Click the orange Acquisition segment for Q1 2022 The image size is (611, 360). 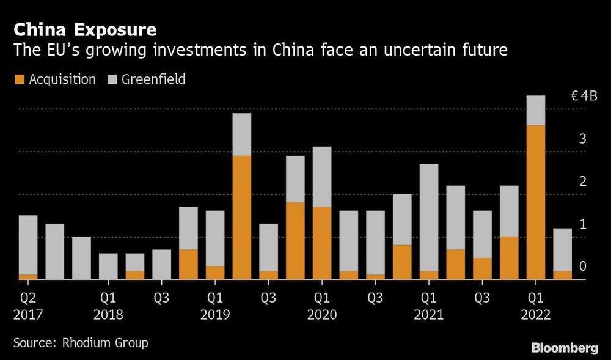pos(536,202)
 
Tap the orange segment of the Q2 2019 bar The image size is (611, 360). pos(242,218)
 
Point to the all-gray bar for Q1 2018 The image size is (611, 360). pos(108,266)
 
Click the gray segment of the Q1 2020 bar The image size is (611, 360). pos(322,177)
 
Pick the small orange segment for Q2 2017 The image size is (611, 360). pos(28,277)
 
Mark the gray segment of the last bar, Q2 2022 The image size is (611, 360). pos(563,249)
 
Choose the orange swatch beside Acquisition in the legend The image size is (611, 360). pos(18,79)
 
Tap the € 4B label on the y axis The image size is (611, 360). pos(583,96)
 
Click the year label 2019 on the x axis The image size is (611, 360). pos(214,315)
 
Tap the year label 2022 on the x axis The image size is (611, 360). pos(536,315)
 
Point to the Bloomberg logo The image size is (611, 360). pos(564,348)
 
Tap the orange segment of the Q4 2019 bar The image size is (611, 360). pos(295,241)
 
